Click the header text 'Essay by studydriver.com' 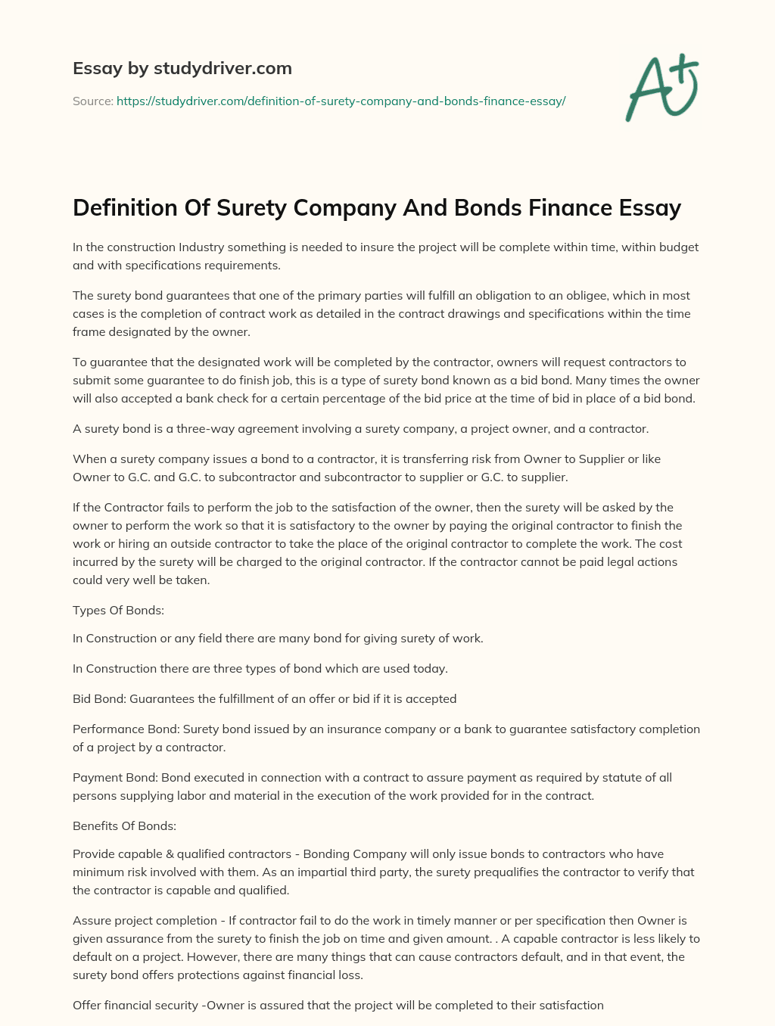pyautogui.click(x=182, y=69)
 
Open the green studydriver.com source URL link pyautogui.click(x=341, y=101)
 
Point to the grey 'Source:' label pyautogui.click(x=92, y=101)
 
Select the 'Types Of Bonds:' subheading pyautogui.click(x=118, y=610)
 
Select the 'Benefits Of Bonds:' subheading pyautogui.click(x=124, y=825)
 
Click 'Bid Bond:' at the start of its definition pyautogui.click(x=99, y=698)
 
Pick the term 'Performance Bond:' pyautogui.click(x=126, y=729)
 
